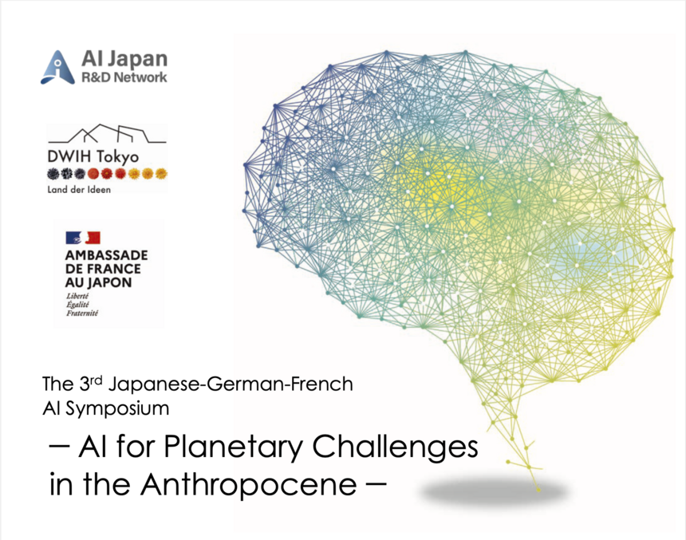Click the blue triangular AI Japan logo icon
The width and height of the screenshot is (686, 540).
pos(57,68)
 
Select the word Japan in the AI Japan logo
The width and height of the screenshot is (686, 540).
pos(137,60)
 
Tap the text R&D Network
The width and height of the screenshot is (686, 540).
pos(124,77)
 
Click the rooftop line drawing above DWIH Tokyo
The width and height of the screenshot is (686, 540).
pos(107,133)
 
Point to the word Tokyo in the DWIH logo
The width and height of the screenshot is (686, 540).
pos(117,156)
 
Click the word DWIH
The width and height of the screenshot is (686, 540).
pos(69,156)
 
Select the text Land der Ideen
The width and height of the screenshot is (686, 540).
pos(79,190)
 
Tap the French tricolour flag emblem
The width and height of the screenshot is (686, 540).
pos(83,238)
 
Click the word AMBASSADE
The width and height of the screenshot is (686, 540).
pos(107,255)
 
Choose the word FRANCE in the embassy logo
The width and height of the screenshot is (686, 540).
pos(114,269)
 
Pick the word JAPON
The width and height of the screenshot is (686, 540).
pos(111,282)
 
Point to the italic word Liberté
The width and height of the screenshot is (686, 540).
pos(77,296)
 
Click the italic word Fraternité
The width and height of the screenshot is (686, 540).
pos(82,313)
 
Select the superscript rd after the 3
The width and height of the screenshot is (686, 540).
pos(97,380)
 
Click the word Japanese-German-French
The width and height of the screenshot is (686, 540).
pos(231,384)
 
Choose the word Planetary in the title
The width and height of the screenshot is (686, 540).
pos(234,447)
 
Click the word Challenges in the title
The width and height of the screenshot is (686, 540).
pos(395,447)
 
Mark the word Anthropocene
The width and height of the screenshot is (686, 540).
pos(249,484)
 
